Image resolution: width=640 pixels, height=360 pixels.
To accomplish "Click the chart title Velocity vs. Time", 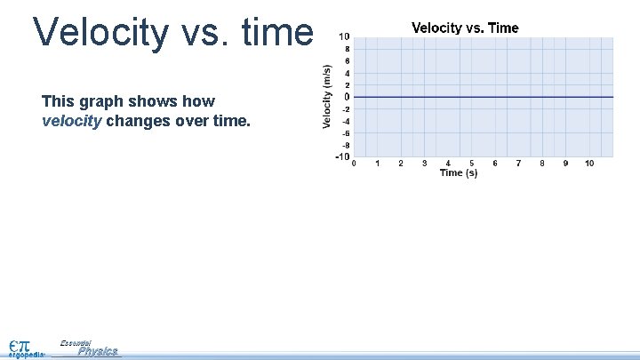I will coord(465,28).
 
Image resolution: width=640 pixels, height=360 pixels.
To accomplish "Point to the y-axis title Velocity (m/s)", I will coord(327,96).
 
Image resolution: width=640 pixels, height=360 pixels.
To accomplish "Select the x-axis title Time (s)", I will coord(459,172).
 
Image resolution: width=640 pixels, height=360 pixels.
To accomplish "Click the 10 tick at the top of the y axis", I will coord(343,36).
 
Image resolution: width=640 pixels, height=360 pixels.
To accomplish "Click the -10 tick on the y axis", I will coord(342,157).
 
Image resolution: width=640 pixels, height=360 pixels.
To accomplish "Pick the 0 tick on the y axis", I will coord(346,97).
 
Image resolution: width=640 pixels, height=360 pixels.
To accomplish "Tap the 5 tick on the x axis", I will coord(472,164).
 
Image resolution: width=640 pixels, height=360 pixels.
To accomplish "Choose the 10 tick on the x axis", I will coord(589,164).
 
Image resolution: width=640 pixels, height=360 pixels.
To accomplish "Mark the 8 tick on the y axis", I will coord(346,49).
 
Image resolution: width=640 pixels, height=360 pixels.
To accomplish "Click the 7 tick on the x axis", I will coord(519,164).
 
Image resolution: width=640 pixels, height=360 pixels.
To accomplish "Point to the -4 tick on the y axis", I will coord(344,121).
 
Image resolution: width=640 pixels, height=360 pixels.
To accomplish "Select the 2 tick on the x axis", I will coord(401,164).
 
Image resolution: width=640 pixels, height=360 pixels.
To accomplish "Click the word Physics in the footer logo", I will coord(97,351).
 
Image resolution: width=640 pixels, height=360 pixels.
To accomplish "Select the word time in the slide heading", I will coord(276,33).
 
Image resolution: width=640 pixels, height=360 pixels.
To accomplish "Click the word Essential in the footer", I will coord(76,342).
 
